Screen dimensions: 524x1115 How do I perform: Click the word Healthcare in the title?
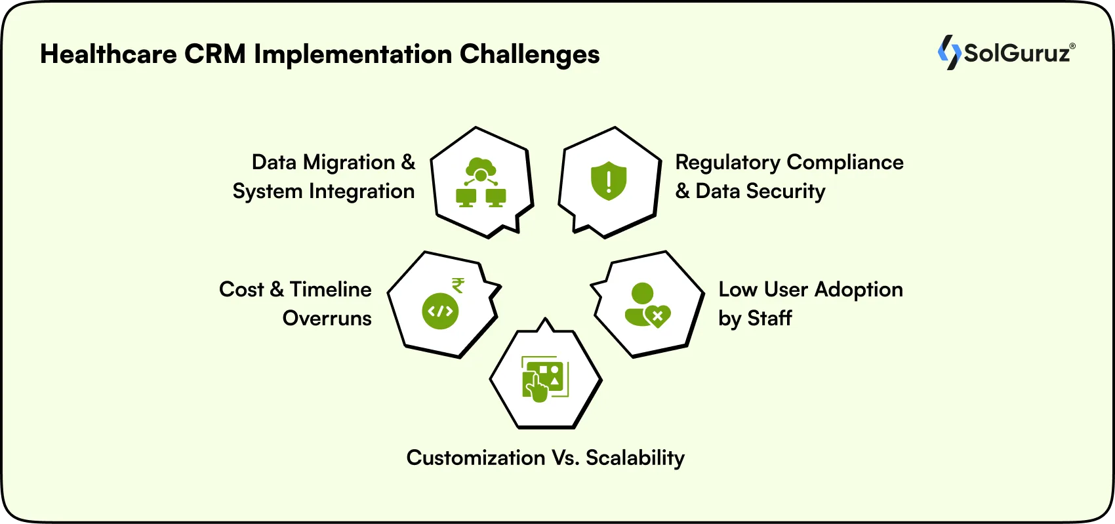tap(108, 54)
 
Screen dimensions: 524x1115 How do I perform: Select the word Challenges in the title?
tap(529, 54)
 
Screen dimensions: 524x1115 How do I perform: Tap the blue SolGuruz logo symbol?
tap(948, 52)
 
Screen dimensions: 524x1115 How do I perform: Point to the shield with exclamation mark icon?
tap(609, 180)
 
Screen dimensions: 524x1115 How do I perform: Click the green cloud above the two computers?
tap(481, 167)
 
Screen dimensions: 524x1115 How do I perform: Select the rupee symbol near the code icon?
tap(458, 285)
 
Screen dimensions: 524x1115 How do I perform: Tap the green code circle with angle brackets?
tap(440, 311)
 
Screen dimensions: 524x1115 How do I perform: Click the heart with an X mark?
tap(657, 317)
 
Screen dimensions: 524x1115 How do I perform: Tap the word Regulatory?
tap(728, 163)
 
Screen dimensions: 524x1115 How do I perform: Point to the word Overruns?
tap(327, 319)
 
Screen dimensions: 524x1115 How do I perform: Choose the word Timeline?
tap(331, 290)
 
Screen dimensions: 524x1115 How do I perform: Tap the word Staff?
tap(769, 319)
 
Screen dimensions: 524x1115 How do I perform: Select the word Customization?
tap(476, 458)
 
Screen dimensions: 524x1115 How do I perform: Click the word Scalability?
tap(635, 458)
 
